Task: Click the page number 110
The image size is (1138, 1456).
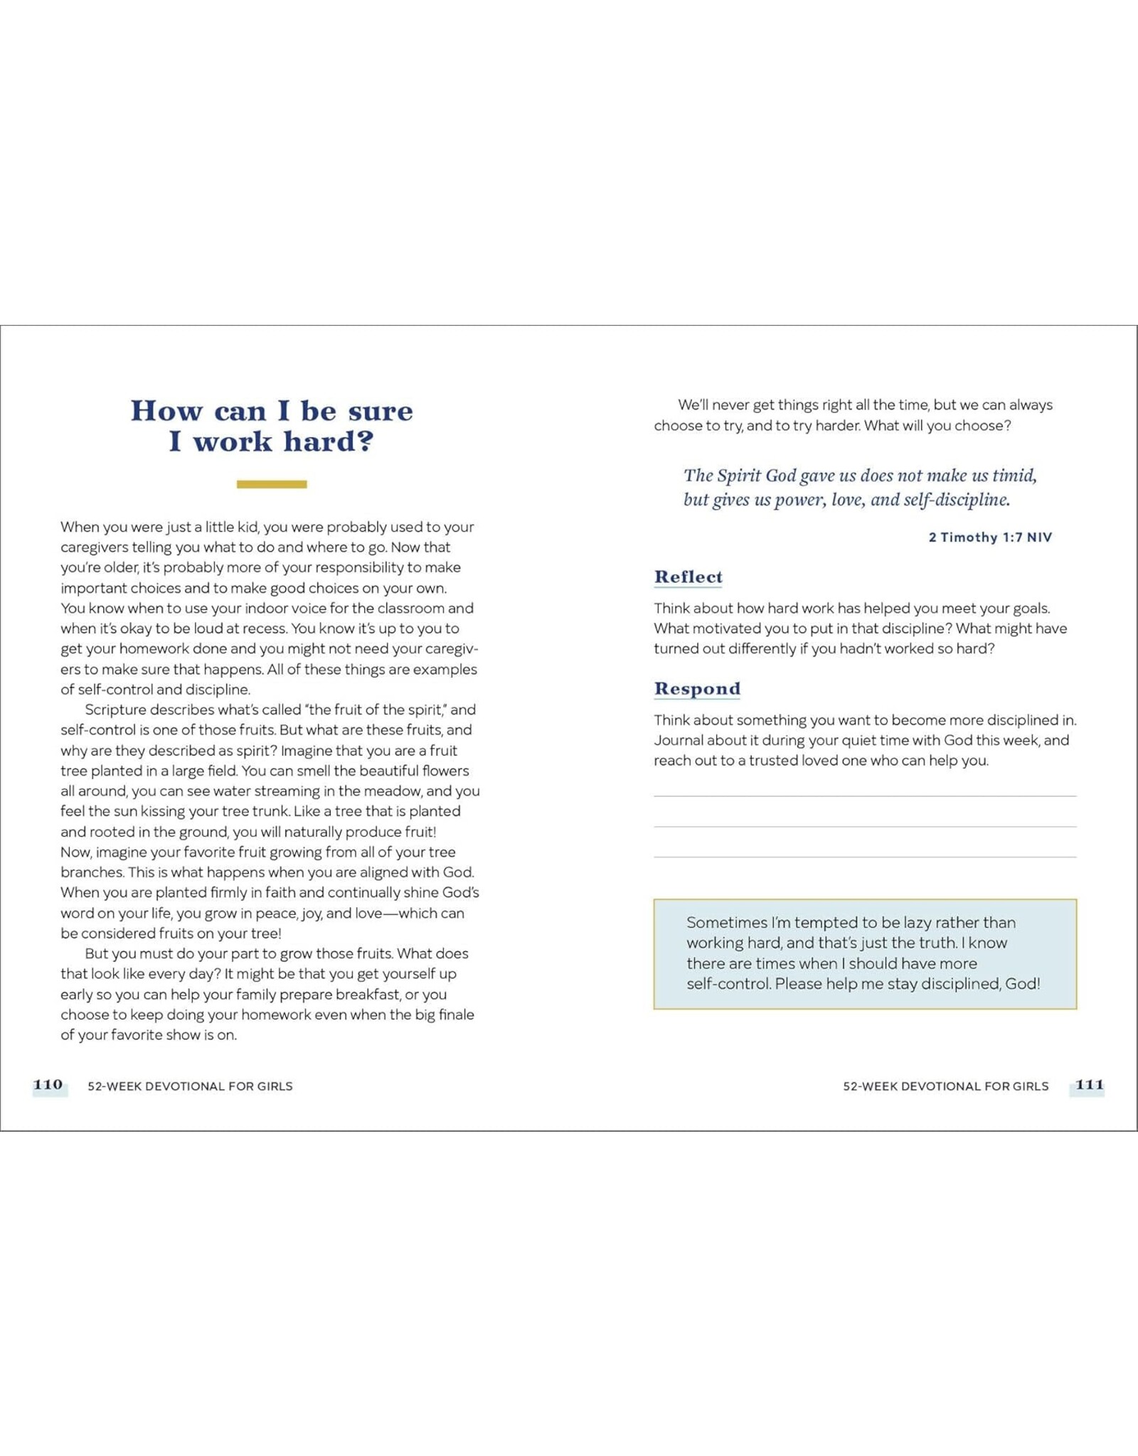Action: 48,1085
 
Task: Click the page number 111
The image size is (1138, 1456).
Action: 1089,1085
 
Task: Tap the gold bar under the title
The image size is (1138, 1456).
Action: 272,484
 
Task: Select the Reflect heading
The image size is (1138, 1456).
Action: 688,577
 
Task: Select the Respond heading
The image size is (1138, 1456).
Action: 697,688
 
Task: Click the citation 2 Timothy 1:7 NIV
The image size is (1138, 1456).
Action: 989,537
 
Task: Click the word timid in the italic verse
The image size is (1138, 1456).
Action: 1013,476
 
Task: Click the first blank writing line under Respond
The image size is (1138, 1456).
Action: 864,796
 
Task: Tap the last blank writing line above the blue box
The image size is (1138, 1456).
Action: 864,857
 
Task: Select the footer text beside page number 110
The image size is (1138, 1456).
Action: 190,1086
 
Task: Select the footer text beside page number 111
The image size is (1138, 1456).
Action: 945,1086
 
